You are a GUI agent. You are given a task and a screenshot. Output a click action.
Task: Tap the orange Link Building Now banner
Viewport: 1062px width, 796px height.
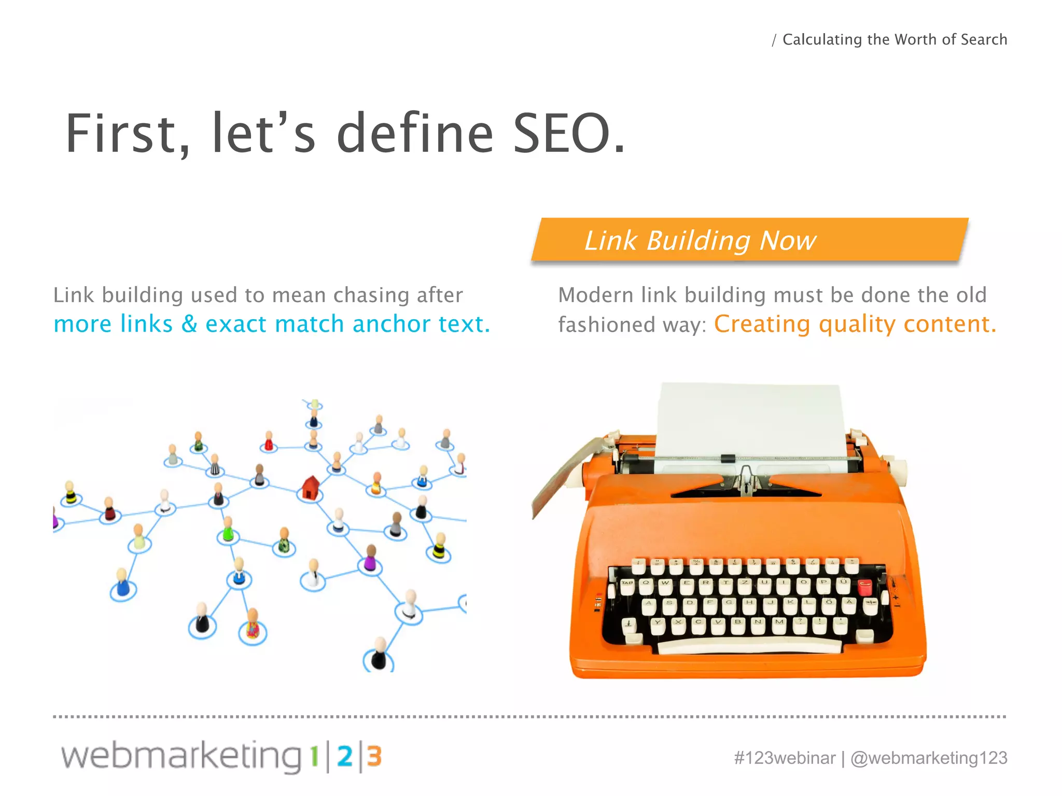[x=749, y=240]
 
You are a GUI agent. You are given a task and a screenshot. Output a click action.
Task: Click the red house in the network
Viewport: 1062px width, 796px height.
[x=310, y=487]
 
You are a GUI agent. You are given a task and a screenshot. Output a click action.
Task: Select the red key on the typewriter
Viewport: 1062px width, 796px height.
[x=864, y=587]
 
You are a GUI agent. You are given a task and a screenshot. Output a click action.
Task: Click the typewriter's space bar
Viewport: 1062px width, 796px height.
[x=749, y=646]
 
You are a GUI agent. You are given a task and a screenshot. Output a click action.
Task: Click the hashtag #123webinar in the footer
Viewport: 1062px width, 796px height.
[x=785, y=758]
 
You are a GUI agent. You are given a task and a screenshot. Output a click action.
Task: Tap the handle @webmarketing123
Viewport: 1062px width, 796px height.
[x=929, y=758]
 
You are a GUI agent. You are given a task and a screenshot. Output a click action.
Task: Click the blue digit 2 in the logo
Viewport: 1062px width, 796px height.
[x=345, y=757]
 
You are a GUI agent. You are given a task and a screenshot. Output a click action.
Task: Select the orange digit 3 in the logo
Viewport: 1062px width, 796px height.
[x=374, y=757]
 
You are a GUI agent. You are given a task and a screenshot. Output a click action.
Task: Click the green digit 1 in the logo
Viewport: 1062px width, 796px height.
[x=314, y=757]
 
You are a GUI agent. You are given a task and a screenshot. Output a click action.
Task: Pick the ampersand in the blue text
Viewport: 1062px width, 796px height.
[x=189, y=324]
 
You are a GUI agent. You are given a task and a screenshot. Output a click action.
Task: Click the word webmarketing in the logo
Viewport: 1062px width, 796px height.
[x=181, y=757]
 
